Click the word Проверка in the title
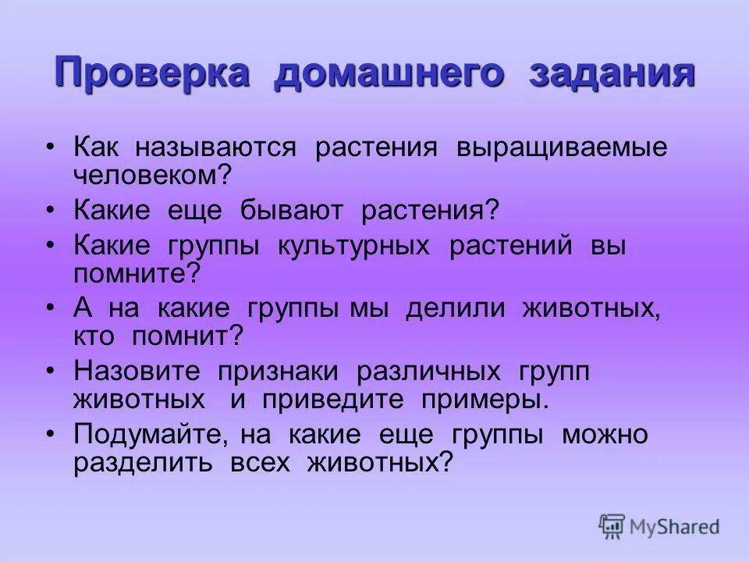(x=152, y=75)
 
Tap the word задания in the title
(x=612, y=75)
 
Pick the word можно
(x=605, y=435)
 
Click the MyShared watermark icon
(x=612, y=526)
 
